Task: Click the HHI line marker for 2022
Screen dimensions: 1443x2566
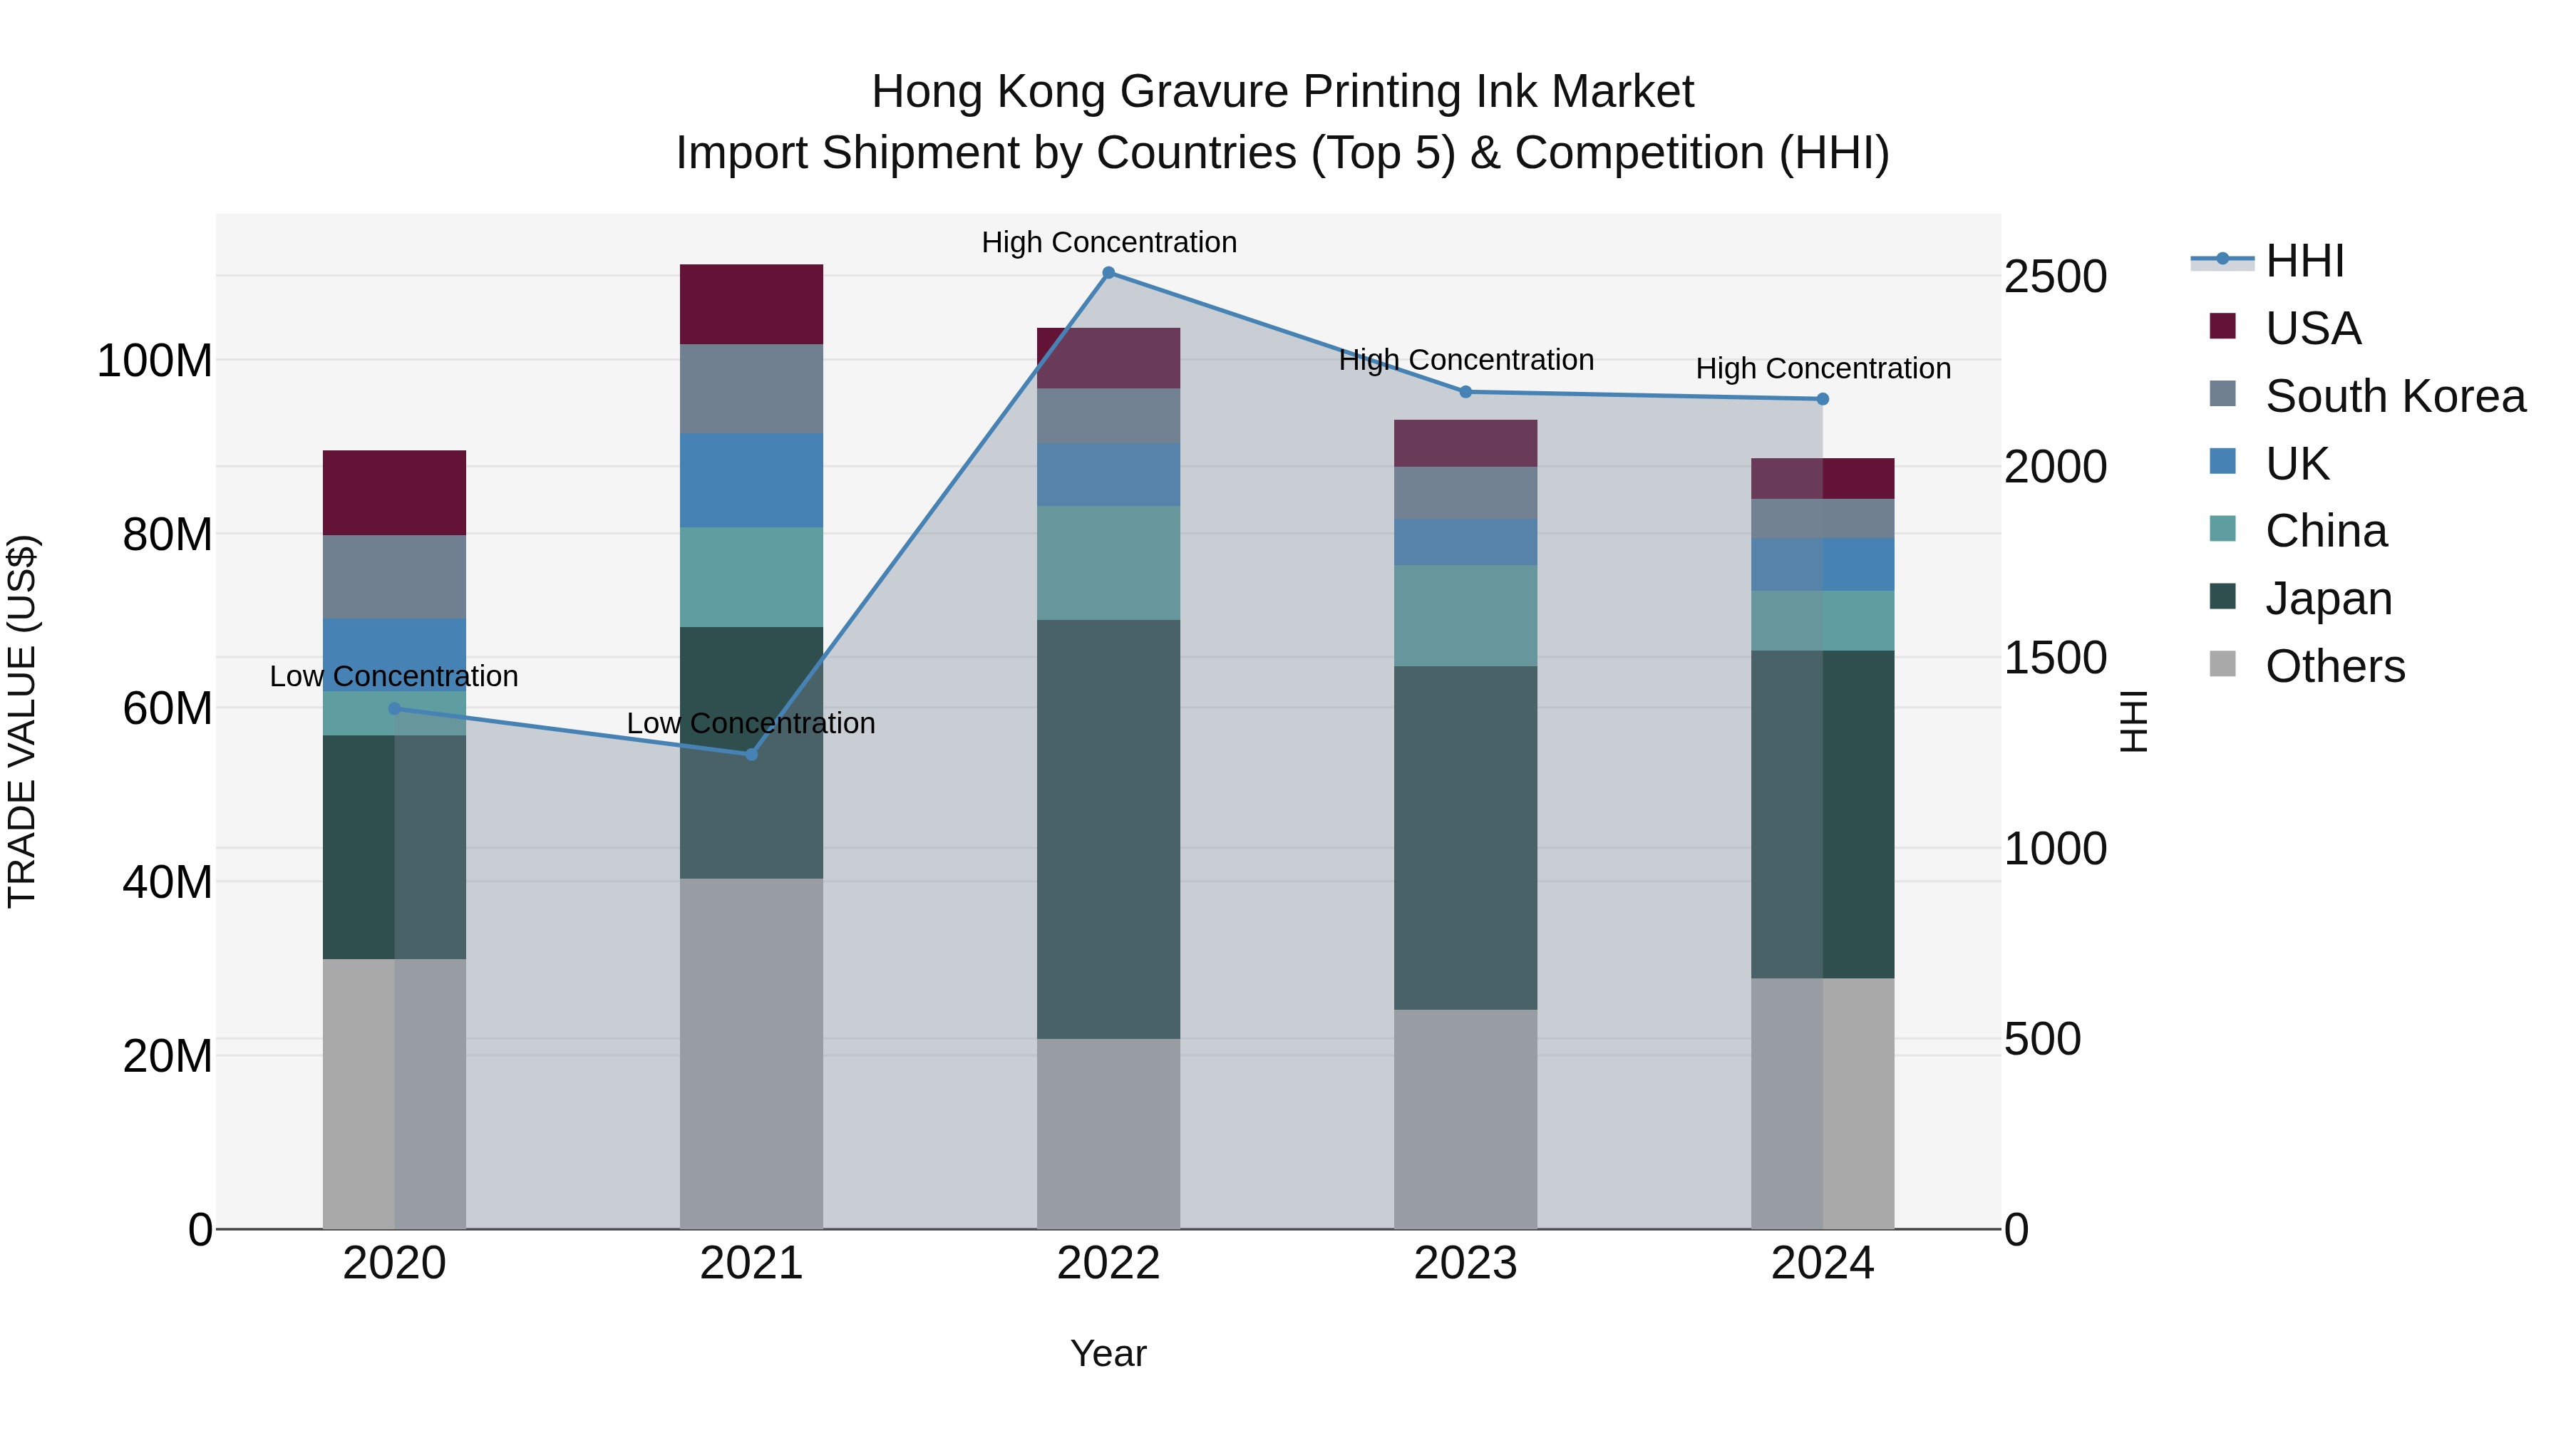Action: click(1108, 273)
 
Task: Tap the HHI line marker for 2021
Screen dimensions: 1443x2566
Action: click(751, 754)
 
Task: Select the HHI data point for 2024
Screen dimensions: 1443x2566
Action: click(1822, 399)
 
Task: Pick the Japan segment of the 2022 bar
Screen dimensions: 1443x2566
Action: click(1108, 829)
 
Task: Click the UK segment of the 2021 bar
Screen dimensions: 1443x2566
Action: click(751, 480)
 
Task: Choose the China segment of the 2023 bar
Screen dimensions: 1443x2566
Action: click(1465, 616)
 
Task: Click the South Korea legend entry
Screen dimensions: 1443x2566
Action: click(2395, 396)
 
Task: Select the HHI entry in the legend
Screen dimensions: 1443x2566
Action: click(2304, 261)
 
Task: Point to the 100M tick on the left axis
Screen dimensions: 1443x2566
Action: click(155, 361)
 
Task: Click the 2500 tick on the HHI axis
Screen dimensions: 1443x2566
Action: click(2054, 277)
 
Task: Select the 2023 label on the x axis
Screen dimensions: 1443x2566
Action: click(1465, 1263)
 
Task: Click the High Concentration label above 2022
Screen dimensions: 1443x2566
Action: click(1108, 242)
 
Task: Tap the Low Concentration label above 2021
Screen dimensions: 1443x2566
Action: click(751, 723)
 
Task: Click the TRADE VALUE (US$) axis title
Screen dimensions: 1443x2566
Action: click(22, 721)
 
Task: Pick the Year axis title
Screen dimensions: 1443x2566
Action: click(1108, 1353)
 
